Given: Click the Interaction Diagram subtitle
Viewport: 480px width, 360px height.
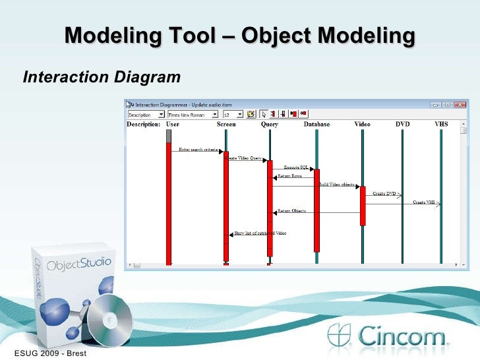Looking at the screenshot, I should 102,78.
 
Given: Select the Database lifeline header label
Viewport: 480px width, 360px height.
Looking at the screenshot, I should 316,124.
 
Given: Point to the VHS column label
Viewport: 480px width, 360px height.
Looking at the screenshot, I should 441,124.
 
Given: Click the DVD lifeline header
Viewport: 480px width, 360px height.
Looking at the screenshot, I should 402,124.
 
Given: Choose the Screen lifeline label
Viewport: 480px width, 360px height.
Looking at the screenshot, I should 226,124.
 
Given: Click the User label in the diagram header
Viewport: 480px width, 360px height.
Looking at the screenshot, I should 172,124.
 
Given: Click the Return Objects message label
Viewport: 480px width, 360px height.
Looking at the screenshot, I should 291,211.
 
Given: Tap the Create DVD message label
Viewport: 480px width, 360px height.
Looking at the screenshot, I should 384,194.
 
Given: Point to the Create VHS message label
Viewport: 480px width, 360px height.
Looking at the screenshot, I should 424,202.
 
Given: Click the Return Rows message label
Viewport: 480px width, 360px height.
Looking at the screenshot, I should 290,177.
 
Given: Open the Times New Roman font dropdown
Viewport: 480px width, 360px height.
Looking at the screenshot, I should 191,114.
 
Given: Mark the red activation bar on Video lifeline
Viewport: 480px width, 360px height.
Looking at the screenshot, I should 363,206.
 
